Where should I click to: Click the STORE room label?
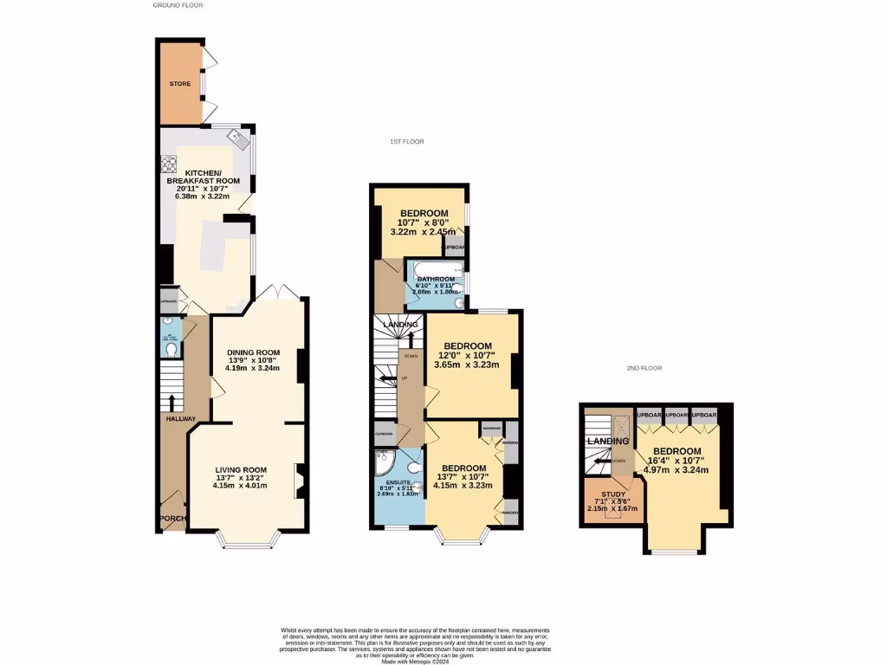tap(180, 84)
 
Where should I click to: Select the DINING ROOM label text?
tap(254, 352)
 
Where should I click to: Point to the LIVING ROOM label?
tap(242, 470)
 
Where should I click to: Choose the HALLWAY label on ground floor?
tap(182, 419)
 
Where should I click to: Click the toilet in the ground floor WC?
tap(171, 349)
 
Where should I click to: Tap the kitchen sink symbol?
tap(236, 136)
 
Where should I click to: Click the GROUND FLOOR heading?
tap(178, 5)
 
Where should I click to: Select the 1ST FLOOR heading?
tap(405, 141)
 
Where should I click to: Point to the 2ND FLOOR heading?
tap(644, 368)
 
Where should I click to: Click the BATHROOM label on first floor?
tap(436, 279)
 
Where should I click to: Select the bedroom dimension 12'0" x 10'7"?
tap(468, 356)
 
